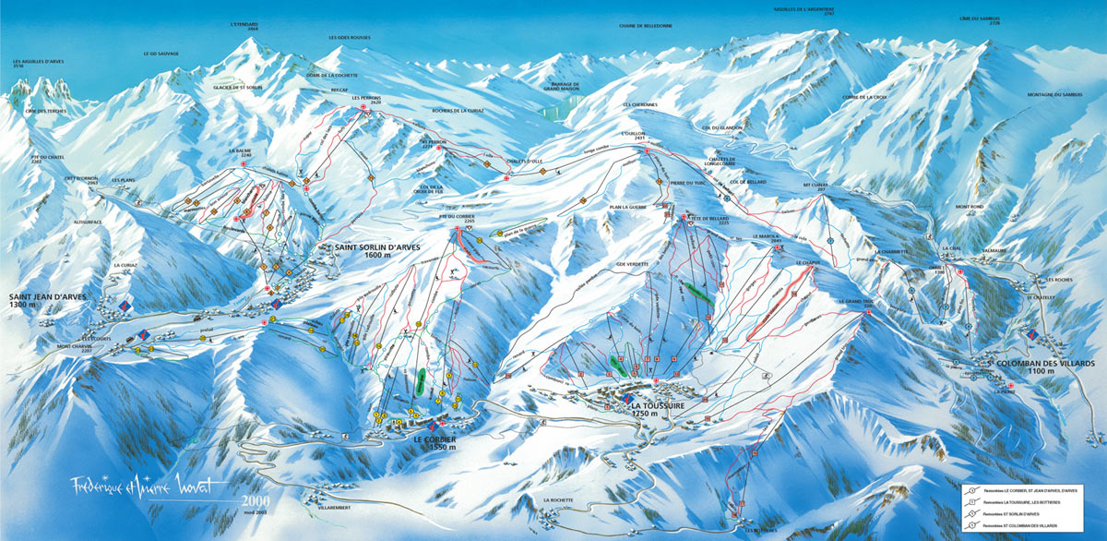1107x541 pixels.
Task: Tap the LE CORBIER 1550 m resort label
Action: click(434, 442)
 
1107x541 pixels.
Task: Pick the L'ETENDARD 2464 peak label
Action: click(246, 27)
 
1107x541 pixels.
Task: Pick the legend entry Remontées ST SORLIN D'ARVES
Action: click(1015, 514)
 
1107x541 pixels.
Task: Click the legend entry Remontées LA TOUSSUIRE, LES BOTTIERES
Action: click(1021, 502)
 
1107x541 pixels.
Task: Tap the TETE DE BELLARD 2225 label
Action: click(711, 220)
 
